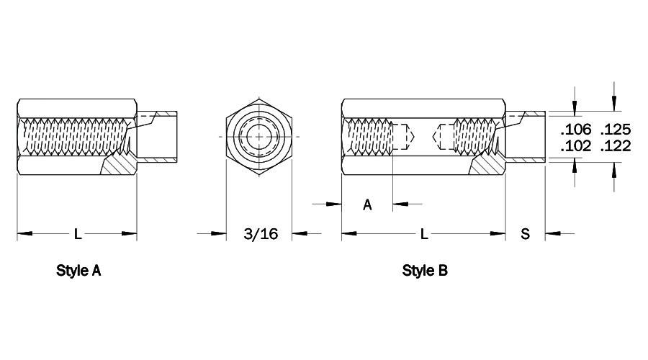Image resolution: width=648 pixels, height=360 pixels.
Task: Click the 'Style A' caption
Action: tap(78, 271)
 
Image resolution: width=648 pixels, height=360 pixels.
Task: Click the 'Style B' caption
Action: tap(425, 271)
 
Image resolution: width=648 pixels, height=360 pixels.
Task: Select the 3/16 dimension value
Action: tap(261, 234)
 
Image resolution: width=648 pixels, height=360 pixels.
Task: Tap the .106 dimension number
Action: tap(576, 130)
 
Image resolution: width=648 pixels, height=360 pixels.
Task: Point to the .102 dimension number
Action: tap(576, 146)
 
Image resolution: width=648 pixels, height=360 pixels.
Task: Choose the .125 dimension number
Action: tap(616, 130)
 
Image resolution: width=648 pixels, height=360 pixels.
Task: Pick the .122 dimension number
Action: tap(616, 146)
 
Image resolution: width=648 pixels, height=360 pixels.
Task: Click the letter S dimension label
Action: tap(525, 234)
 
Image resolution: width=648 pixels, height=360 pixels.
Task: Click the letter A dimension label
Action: tap(367, 204)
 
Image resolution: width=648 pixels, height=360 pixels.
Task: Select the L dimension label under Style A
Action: tap(77, 234)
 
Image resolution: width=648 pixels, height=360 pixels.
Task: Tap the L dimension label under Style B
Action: tap(423, 234)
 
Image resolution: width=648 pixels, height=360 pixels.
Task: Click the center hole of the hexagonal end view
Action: tap(259, 136)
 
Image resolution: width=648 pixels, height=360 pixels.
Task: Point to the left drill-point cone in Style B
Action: tap(411, 136)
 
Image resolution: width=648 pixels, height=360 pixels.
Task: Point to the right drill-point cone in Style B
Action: tap(436, 136)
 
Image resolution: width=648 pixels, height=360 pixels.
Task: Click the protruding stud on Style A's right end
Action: tap(157, 136)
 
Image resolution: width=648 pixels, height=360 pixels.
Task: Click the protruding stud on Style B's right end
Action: tap(526, 136)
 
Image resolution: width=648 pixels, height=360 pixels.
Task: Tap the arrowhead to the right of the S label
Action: tap(552, 234)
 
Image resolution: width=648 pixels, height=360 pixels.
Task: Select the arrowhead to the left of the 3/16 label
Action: tap(219, 234)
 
